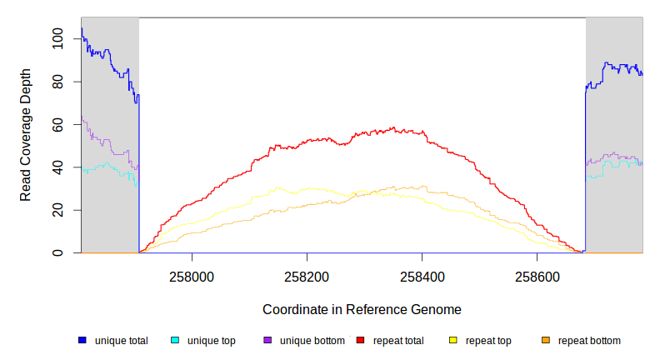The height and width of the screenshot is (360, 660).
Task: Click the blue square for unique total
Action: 82,340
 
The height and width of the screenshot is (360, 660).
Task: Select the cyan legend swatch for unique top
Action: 175,340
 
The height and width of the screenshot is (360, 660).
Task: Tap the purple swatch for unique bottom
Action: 267,340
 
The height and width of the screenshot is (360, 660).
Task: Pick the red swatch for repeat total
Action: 360,340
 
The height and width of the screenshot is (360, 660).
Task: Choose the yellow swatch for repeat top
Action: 453,340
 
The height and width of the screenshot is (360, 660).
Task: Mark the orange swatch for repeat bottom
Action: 546,340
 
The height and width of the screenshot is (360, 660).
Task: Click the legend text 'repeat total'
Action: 397,341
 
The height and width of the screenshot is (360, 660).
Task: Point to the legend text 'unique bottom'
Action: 311,341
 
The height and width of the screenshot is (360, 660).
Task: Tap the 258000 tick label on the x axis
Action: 192,276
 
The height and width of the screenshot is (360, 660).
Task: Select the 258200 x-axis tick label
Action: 307,276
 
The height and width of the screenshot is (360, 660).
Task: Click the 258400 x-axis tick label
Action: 422,276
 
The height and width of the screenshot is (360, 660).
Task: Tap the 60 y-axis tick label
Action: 58,124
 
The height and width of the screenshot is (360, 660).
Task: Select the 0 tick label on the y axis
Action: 58,252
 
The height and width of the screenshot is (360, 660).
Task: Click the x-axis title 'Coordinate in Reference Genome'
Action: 362,309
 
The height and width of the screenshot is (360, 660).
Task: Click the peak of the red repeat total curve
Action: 392,128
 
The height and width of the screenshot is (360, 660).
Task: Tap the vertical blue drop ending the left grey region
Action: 139,175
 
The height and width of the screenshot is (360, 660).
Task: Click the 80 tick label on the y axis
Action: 58,82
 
